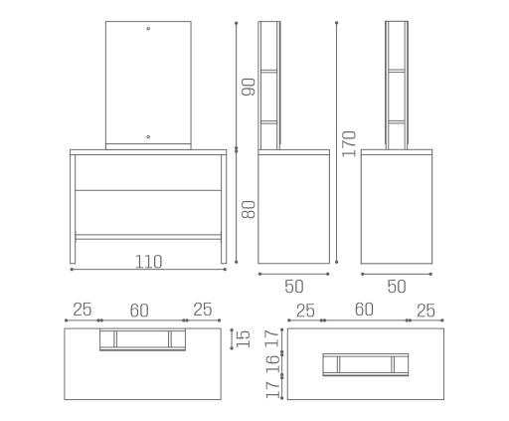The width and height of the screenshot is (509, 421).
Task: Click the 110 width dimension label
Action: (x=148, y=262)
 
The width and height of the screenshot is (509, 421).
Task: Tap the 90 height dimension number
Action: (x=249, y=87)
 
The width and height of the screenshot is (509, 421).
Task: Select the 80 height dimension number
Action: (x=249, y=209)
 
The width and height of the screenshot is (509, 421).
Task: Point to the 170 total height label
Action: (x=349, y=144)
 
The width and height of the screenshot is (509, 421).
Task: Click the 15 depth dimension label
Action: (x=244, y=338)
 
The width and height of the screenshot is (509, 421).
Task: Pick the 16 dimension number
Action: (x=272, y=364)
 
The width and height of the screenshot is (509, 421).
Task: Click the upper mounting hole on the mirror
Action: (x=148, y=29)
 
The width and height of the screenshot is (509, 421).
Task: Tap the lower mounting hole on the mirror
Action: (x=148, y=136)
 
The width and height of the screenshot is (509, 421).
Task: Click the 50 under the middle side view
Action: (x=294, y=287)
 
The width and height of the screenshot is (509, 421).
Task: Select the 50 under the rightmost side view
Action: (x=397, y=287)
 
